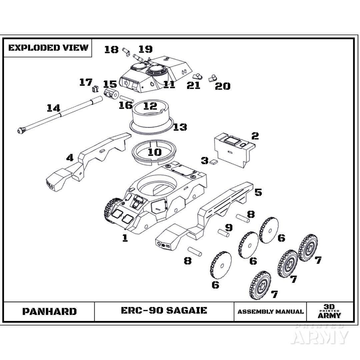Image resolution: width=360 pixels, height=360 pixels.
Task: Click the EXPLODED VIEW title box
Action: [48, 48]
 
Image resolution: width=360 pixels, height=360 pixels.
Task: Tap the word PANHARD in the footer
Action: [49, 311]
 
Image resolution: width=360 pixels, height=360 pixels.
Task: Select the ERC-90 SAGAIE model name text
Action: [164, 310]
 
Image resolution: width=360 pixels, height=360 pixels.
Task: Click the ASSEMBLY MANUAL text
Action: [270, 312]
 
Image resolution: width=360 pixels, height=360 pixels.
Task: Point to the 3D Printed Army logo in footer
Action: [329, 311]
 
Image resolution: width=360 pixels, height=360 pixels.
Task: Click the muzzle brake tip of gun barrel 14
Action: [21, 130]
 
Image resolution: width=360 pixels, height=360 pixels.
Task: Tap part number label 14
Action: [53, 108]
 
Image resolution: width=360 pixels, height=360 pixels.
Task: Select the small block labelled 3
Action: [213, 162]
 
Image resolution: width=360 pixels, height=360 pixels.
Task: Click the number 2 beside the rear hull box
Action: [255, 136]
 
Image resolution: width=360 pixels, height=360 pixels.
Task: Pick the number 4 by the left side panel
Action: [70, 157]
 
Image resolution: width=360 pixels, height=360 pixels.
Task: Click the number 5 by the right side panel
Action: [258, 192]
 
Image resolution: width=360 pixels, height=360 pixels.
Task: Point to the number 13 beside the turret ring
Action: [180, 127]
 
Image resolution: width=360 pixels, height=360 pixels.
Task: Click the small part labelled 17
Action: [95, 89]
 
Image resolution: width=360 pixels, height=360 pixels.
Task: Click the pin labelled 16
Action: [127, 99]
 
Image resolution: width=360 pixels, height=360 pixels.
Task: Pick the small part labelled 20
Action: [211, 79]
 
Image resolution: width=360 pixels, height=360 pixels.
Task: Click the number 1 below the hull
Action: [125, 238]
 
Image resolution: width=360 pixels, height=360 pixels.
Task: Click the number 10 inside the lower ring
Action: [155, 152]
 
